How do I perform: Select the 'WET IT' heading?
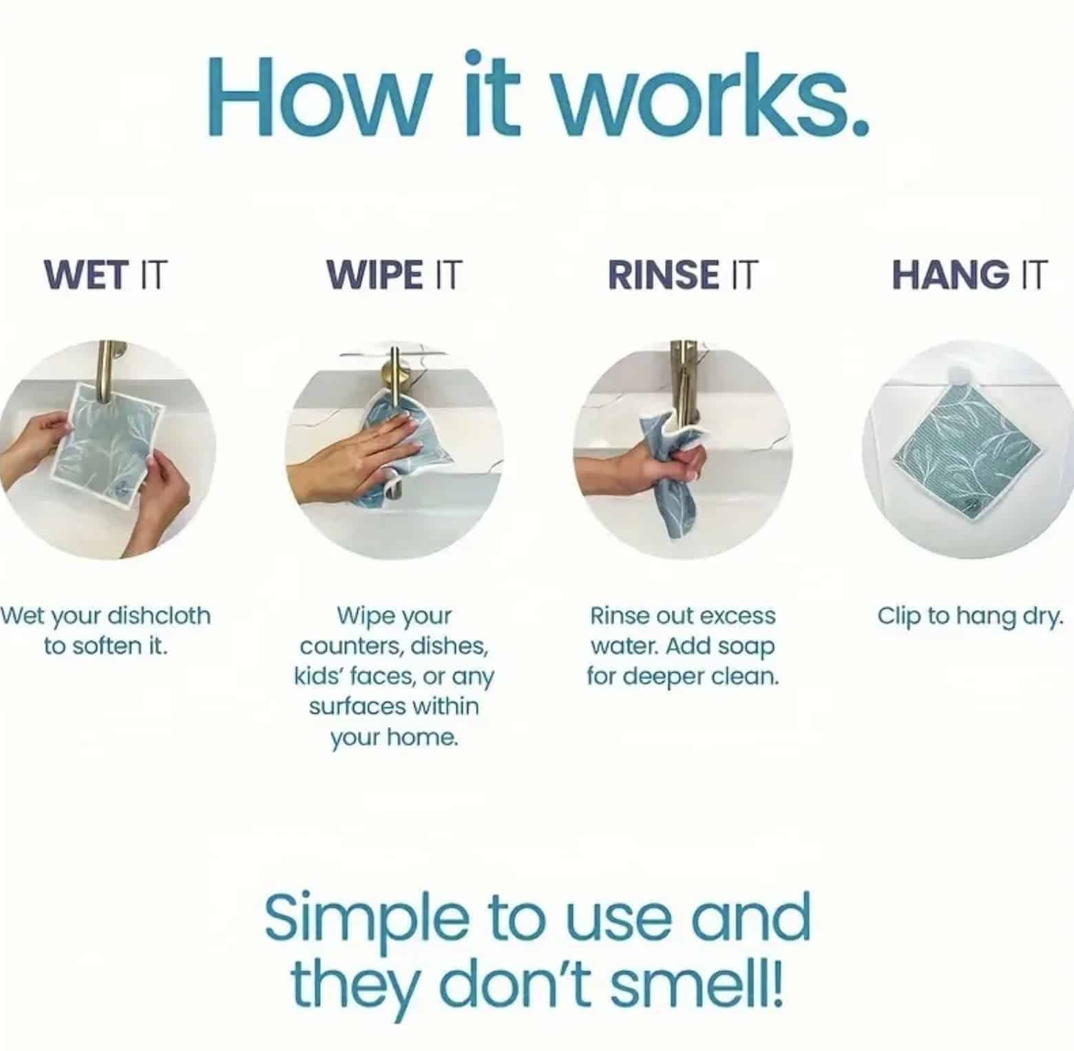click(105, 274)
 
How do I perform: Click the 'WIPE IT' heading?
click(394, 274)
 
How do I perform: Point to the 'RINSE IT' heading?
click(682, 274)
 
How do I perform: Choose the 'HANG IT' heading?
click(969, 274)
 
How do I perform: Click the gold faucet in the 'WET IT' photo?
click(107, 372)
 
